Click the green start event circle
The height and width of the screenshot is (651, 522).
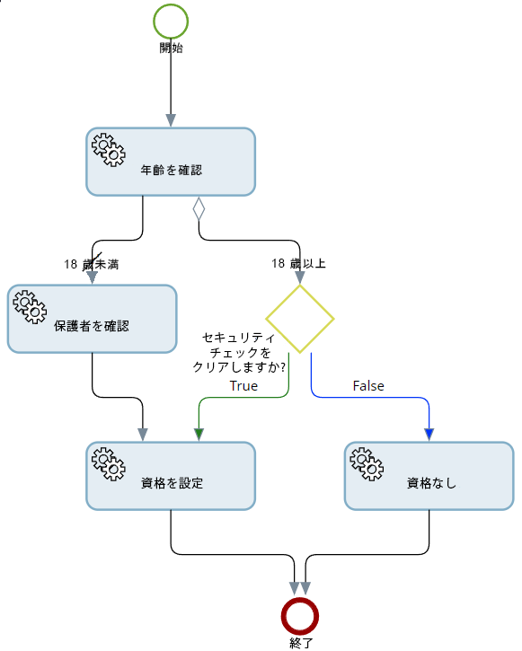[x=171, y=22]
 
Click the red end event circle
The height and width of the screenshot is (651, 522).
[x=300, y=616]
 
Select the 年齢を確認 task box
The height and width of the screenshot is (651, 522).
[x=171, y=162]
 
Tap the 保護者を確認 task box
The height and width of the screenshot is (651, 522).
[x=92, y=319]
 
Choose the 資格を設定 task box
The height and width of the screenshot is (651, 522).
[x=171, y=475]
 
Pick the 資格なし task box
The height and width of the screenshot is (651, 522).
[x=429, y=475]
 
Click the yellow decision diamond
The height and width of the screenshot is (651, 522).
[x=300, y=319]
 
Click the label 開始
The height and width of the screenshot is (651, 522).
[x=171, y=48]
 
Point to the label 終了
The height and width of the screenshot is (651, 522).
[x=300, y=643]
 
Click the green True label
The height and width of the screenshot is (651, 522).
[x=243, y=386]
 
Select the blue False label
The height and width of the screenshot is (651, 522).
[x=367, y=386]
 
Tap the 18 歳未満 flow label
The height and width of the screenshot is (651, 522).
[x=92, y=264]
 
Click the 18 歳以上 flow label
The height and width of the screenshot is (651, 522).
[x=299, y=264]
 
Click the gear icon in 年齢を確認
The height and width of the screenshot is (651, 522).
[x=109, y=149]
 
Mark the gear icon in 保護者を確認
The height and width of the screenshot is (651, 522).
[x=30, y=306]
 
